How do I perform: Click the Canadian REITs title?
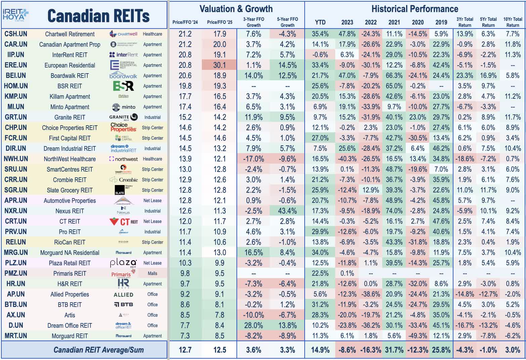pyautogui.click(x=98, y=16)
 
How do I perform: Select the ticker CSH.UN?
pyautogui.click(x=16, y=34)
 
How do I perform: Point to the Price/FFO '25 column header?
pyautogui.click(x=220, y=22)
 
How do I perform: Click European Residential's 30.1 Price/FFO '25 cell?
pyautogui.click(x=220, y=65)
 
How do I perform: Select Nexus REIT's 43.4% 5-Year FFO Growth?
pyautogui.click(x=287, y=211)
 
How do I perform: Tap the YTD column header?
pyautogui.click(x=320, y=22)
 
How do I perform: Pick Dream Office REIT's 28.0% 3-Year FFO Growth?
pyautogui.click(x=253, y=325)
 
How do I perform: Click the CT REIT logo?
pyautogui.click(x=124, y=222)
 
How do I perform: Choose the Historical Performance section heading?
pyautogui.click(x=415, y=9)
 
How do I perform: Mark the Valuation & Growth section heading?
pyautogui.click(x=236, y=9)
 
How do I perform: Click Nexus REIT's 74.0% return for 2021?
pyautogui.click(x=394, y=211)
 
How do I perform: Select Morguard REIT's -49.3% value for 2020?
pyautogui.click(x=418, y=336)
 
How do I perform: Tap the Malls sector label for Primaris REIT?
pyautogui.click(x=152, y=273)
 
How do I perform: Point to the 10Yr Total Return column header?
pyautogui.click(x=513, y=22)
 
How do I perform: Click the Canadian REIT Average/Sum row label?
pyautogui.click(x=98, y=350)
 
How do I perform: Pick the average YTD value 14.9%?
pyautogui.click(x=320, y=350)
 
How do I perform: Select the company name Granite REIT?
pyautogui.click(x=70, y=117)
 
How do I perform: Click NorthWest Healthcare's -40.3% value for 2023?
pyautogui.click(x=347, y=159)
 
